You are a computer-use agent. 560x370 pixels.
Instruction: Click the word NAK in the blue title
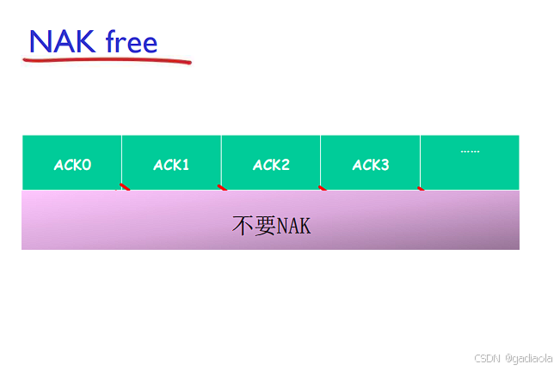coord(62,41)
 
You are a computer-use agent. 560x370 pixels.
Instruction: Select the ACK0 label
coord(72,165)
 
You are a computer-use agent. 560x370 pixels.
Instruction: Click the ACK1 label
coord(171,165)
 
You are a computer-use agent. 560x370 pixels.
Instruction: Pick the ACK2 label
coord(271,165)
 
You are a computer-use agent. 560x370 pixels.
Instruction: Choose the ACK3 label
coord(370,165)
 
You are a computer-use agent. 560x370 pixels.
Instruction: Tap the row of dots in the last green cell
coord(470,152)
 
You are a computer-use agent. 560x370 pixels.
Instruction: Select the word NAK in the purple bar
coord(293,226)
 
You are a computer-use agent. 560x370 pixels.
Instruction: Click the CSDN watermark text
coord(487,356)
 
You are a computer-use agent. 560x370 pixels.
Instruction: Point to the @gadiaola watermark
coord(529,356)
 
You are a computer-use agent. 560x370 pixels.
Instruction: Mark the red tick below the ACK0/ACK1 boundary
coord(125,186)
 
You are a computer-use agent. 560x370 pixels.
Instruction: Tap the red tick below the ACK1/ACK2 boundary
coord(223,187)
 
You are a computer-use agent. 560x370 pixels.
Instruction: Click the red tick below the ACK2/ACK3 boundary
coord(323,187)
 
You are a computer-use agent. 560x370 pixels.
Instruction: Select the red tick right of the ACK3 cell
coord(421,188)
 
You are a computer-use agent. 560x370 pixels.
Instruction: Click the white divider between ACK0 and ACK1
coord(121,161)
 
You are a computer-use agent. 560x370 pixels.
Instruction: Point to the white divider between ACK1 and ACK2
coord(221,161)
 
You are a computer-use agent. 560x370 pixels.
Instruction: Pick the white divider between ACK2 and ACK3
coord(320,161)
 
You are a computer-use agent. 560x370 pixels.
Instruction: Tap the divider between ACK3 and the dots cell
coord(420,161)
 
